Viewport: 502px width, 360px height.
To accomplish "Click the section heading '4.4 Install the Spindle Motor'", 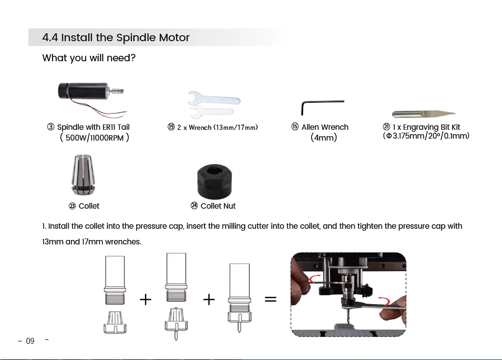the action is point(116,38).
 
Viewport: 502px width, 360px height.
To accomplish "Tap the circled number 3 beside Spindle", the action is point(50,127).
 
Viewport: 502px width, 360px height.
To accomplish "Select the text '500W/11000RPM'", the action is point(95,138).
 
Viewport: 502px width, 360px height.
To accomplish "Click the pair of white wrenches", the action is point(214,104).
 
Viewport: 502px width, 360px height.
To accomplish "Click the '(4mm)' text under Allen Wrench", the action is point(324,138).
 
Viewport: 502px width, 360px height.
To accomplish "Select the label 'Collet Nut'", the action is point(218,206).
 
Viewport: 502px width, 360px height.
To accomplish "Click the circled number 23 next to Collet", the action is point(72,206).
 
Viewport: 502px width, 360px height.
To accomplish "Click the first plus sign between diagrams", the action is point(145,299).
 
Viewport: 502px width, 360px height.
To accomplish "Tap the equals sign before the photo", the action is point(270,299).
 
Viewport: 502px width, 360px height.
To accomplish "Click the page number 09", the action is point(30,341).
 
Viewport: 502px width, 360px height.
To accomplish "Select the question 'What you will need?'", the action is point(89,58).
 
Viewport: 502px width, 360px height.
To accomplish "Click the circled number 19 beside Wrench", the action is point(171,127).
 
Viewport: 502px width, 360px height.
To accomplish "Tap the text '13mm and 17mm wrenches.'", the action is point(92,242).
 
